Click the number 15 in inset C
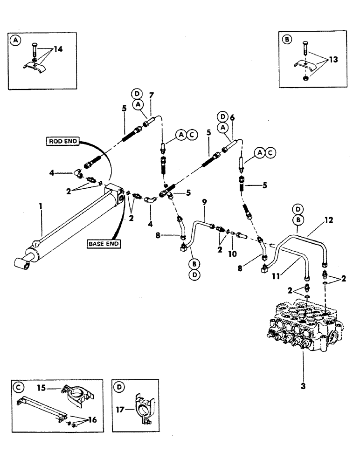click(42, 388)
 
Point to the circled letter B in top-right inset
click(288, 40)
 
